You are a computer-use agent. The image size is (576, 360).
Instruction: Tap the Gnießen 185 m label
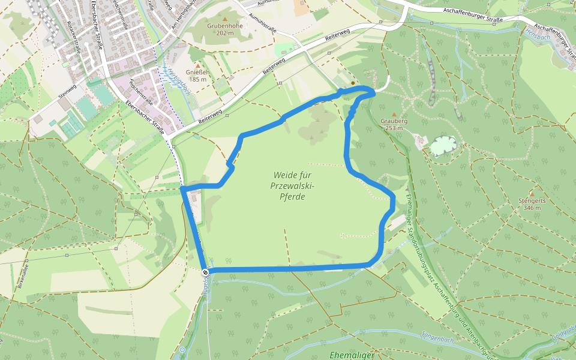coord(198,76)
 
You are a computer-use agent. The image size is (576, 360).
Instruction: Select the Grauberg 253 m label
coord(394,124)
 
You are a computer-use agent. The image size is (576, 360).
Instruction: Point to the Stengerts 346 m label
coord(532,204)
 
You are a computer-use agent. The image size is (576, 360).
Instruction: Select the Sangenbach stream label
coord(439,340)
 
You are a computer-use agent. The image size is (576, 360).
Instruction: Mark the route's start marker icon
coord(205,272)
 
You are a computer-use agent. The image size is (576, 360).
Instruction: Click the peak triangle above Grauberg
coord(394,114)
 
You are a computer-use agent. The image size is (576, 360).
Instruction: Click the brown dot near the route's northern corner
coord(353,83)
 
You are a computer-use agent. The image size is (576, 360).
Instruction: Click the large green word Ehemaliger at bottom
coord(352,355)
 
